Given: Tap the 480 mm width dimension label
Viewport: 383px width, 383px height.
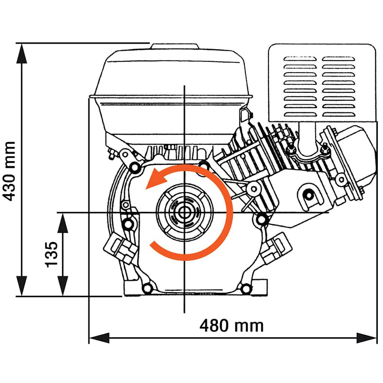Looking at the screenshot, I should tap(231, 326).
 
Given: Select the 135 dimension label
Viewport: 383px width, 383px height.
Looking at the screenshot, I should tap(52, 254).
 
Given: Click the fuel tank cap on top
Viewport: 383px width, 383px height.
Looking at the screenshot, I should tap(174, 47).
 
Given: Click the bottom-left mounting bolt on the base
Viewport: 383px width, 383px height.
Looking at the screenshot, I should tap(148, 288).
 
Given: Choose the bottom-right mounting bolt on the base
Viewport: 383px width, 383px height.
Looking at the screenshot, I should tap(246, 289).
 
